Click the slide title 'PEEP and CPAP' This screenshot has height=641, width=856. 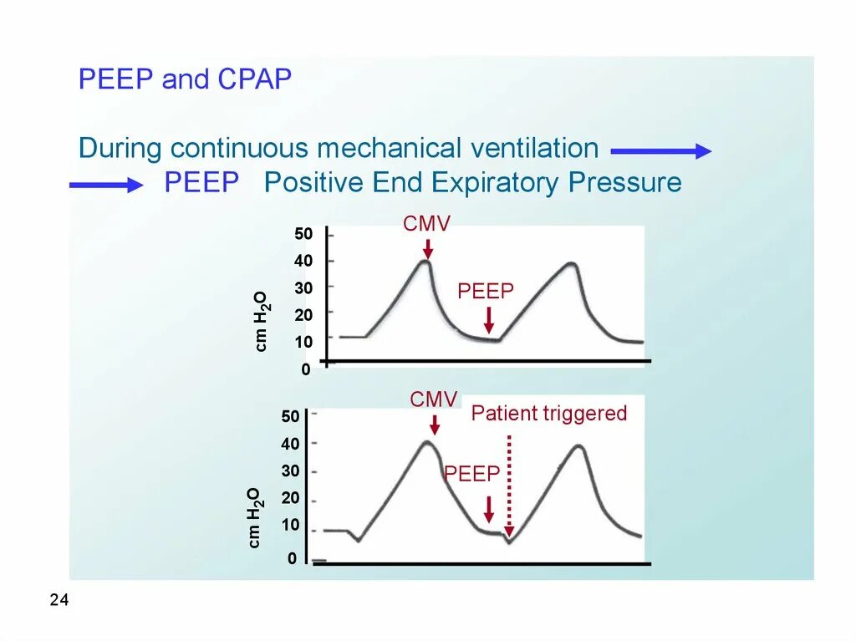[x=185, y=80]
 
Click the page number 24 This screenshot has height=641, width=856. [x=59, y=600]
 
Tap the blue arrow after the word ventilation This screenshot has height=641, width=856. [x=660, y=151]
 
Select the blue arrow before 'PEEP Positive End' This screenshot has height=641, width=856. [x=106, y=186]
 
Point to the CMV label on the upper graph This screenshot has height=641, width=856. [x=426, y=224]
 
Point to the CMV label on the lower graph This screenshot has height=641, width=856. [x=434, y=399]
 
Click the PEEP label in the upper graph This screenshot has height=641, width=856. [x=486, y=291]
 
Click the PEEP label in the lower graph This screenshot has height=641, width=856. [x=471, y=475]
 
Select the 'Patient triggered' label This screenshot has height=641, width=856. [x=549, y=413]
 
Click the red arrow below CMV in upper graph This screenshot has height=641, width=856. [x=427, y=248]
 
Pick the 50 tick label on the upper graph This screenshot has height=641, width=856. [x=303, y=234]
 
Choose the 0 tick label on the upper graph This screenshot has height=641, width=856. [x=306, y=369]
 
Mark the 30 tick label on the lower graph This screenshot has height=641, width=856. [x=290, y=471]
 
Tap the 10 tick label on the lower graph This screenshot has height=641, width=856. [x=290, y=526]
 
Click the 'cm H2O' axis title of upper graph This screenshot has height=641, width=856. [x=262, y=321]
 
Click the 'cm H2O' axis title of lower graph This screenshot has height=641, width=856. [x=255, y=518]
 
